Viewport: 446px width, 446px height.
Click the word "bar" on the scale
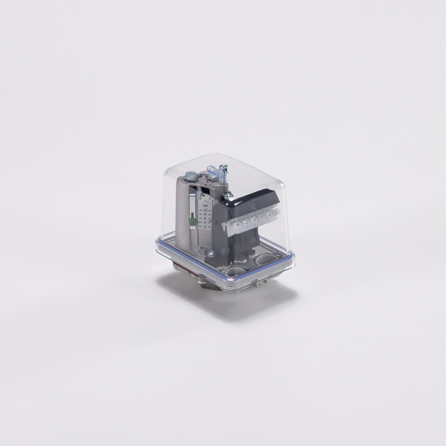click(205, 205)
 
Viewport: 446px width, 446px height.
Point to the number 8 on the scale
click(205, 214)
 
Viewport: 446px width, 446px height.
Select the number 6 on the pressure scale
click(205, 218)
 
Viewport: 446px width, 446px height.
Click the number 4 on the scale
click(205, 222)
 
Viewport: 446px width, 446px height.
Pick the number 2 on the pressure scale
click(205, 226)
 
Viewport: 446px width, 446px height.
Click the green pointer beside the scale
click(192, 222)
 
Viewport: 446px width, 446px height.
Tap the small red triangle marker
click(210, 221)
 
